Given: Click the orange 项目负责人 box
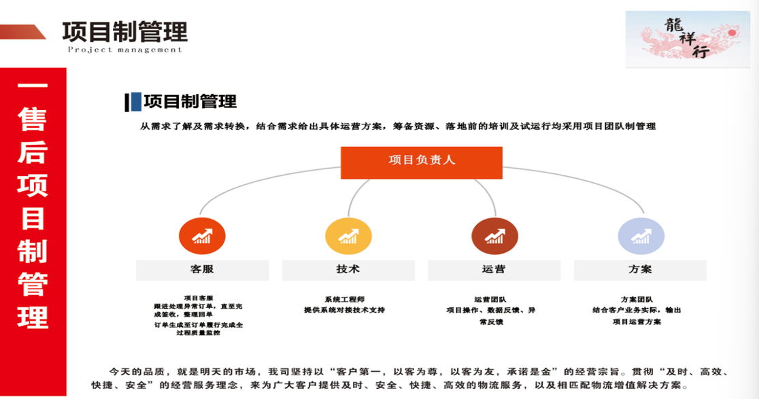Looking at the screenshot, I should pos(421,162).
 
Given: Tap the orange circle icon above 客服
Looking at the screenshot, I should pos(202,237).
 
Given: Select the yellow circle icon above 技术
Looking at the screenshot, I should pos(348,237).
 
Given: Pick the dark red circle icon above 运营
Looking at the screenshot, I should pos(494,237).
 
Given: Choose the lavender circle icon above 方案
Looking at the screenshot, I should pos(641,237).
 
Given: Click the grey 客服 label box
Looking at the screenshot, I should pos(202,270).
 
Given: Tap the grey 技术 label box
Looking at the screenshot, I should pos(348,270).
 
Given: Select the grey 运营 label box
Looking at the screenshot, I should pos(494,270).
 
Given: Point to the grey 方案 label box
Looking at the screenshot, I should pos(641,270).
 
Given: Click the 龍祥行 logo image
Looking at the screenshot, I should pos(686,39).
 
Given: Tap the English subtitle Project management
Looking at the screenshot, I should pos(125,50).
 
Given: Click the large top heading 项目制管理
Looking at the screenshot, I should pos(124,31).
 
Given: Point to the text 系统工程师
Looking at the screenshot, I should pos(344,299).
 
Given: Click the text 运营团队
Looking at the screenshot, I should pos(490,299).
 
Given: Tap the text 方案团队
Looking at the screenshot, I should pos(637,299).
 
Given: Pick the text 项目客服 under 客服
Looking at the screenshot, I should pos(198,298).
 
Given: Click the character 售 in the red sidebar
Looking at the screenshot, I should pos(33,120).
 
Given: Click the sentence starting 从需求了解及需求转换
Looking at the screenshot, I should pos(398,126).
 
